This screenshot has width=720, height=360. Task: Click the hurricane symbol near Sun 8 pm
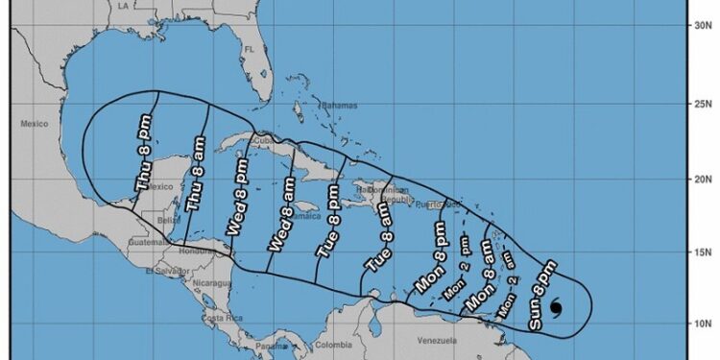(x=558, y=308)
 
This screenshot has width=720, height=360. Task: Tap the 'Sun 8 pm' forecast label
(x=544, y=294)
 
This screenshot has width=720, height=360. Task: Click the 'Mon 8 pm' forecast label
(x=429, y=259)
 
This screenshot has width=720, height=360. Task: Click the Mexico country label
(x=35, y=123)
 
